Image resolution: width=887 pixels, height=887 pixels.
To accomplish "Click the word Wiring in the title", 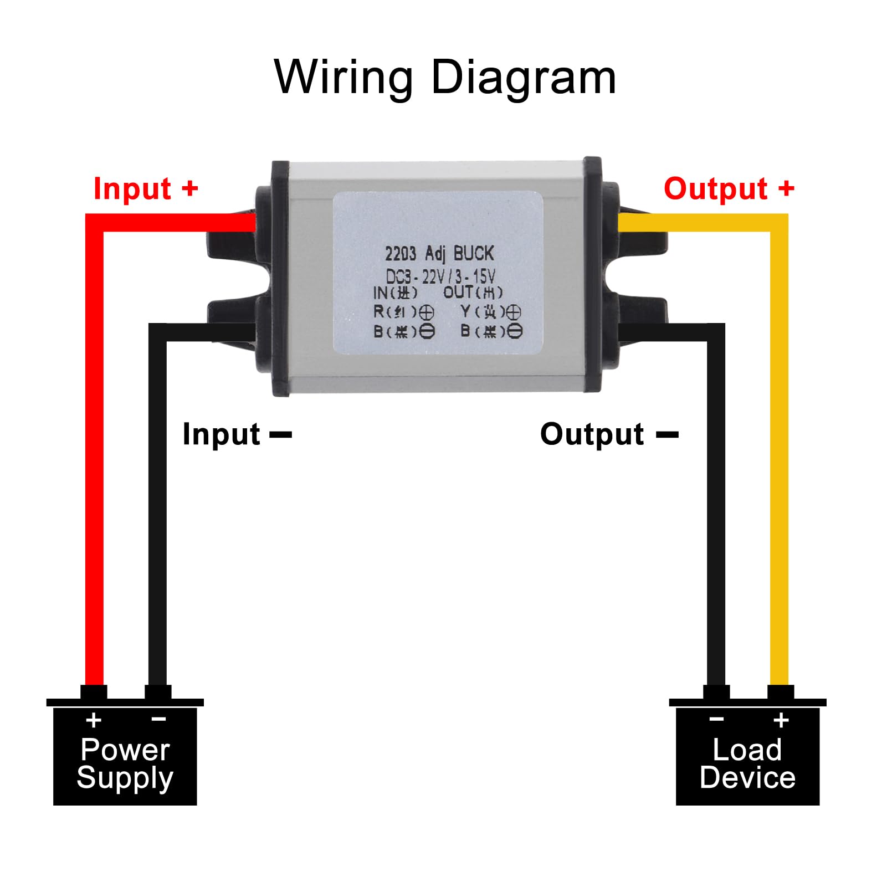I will point(343,78).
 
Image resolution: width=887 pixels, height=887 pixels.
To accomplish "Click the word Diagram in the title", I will point(523,78).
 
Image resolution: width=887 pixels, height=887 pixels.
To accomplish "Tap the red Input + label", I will point(146,188).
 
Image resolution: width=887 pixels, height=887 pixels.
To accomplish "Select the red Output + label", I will point(729,188).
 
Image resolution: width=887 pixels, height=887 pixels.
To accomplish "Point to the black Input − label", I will point(237,434).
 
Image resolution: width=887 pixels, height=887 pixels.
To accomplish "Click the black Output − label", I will point(608,434).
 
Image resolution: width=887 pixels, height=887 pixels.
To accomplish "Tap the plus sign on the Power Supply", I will point(94,720).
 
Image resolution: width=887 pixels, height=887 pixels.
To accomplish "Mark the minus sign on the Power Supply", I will point(158,719).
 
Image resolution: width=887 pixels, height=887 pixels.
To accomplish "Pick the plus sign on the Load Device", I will point(781,720).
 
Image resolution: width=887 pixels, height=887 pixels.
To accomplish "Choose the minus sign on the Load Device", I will point(716,719).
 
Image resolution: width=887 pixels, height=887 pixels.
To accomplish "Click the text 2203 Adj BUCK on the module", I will point(439,254).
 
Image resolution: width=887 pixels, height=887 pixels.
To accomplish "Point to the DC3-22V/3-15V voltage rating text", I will point(440,276).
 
